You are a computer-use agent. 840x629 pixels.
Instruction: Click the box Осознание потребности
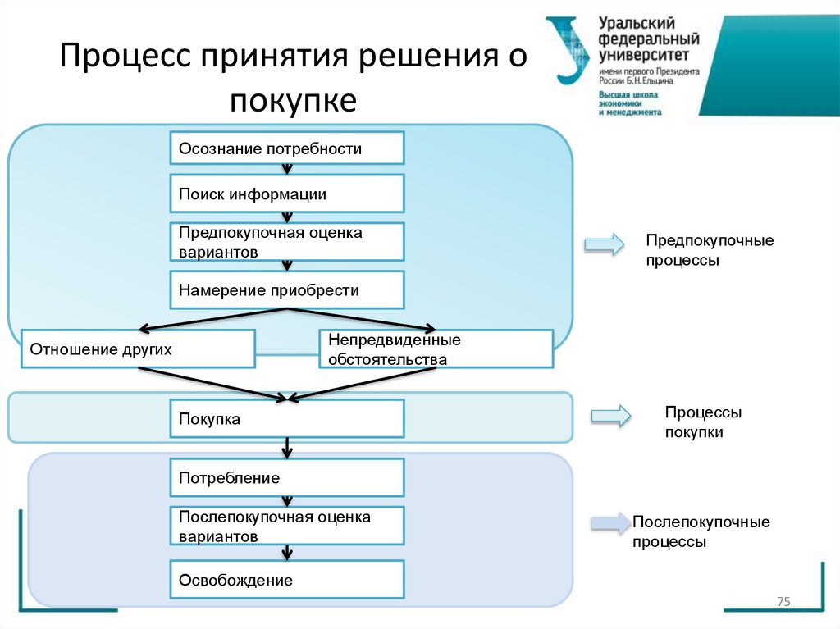(x=287, y=148)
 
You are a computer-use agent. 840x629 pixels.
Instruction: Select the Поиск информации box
(x=287, y=194)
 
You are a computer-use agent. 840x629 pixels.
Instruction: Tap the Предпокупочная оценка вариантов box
(x=287, y=242)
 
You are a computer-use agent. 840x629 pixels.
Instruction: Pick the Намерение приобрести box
(x=287, y=290)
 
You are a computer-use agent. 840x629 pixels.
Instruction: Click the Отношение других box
(x=138, y=349)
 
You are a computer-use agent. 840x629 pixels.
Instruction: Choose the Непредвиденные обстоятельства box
(x=436, y=349)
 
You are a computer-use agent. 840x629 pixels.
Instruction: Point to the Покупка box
(x=287, y=418)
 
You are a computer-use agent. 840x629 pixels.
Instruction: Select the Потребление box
(x=287, y=477)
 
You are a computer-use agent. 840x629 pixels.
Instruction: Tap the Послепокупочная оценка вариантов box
(x=287, y=526)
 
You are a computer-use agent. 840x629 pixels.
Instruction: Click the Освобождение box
(x=287, y=580)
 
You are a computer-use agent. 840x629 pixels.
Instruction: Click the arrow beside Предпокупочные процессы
(x=604, y=244)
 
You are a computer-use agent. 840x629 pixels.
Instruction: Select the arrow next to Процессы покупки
(x=610, y=416)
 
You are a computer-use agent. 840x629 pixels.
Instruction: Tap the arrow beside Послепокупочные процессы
(x=610, y=523)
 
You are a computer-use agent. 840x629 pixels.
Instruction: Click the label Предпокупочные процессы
(x=709, y=250)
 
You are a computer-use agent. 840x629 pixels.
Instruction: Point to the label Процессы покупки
(x=702, y=422)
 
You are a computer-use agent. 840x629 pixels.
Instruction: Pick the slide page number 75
(x=783, y=603)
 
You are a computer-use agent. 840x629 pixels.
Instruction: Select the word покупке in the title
(x=293, y=102)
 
